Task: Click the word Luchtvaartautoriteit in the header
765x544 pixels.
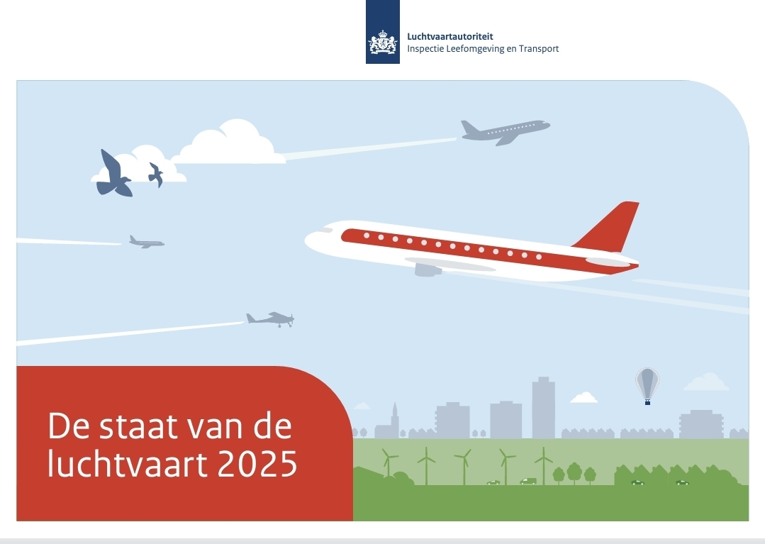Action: click(x=449, y=37)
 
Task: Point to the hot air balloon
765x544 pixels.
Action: click(x=647, y=385)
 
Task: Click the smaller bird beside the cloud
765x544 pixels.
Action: click(x=156, y=174)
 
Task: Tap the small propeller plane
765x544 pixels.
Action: click(x=270, y=319)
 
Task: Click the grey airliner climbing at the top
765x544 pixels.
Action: click(x=506, y=131)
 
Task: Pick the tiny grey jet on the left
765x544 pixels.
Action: click(x=146, y=242)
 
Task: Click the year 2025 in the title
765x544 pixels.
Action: click(x=257, y=463)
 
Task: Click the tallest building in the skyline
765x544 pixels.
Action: click(x=544, y=407)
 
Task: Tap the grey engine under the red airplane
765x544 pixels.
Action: click(x=428, y=270)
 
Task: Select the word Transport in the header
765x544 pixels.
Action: click(x=539, y=49)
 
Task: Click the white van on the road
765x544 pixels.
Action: click(x=528, y=482)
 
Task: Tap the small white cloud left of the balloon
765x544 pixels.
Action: click(x=584, y=398)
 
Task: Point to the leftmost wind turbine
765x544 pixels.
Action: click(x=389, y=462)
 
